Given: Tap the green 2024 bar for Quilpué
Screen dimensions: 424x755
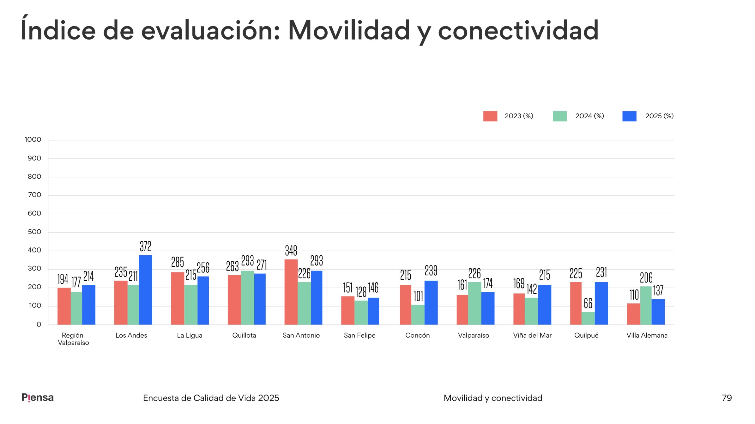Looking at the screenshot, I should tap(588, 318).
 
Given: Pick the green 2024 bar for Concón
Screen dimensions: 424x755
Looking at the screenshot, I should tap(418, 315).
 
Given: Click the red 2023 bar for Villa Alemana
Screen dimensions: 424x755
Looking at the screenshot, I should tap(633, 314).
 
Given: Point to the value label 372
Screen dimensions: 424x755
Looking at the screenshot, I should tap(146, 246).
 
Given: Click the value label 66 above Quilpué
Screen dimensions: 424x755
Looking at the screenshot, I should tap(588, 303).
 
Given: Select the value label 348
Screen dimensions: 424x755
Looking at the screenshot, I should tap(291, 251).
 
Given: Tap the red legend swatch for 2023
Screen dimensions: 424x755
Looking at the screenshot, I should tap(490, 116).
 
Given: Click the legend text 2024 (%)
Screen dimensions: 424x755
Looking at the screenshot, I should tap(589, 116).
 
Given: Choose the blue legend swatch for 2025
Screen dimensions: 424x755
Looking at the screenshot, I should tap(629, 116).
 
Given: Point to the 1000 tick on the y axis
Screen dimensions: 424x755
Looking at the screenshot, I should tap(33, 140).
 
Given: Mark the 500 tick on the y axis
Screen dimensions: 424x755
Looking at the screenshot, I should tap(34, 232).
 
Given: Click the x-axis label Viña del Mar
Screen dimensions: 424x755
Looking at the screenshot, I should tap(532, 335).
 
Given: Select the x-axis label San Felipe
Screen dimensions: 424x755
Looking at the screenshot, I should tap(359, 335).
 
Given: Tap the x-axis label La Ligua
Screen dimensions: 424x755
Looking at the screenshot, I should tap(190, 335).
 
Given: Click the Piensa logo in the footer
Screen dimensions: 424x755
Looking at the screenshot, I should tap(38, 397).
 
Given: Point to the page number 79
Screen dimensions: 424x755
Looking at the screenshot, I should tap(727, 398).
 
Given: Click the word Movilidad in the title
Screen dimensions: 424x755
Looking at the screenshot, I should tap(349, 30).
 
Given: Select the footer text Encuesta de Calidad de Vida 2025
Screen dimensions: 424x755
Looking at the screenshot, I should tap(211, 398).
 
